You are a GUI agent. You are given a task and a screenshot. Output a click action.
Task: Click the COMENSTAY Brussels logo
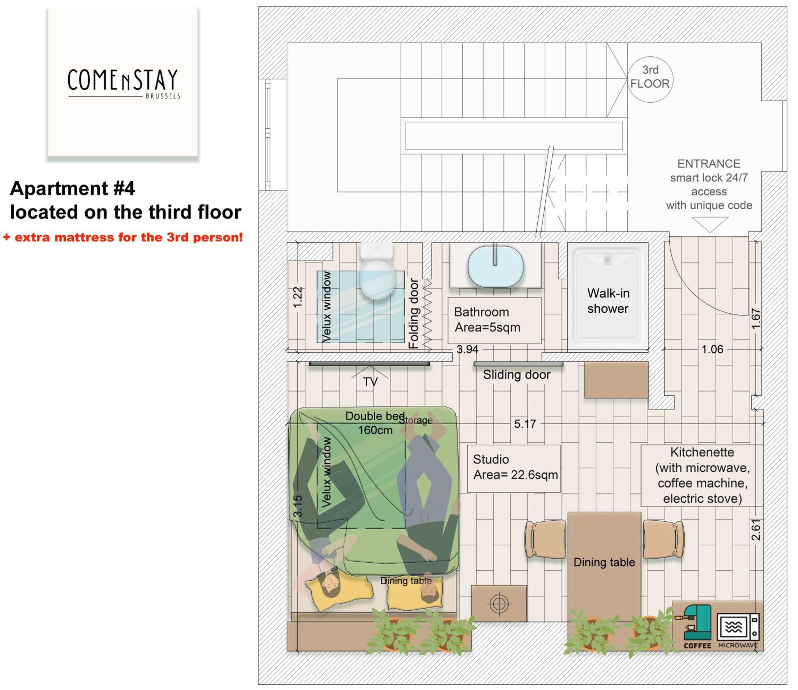[123, 84]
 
